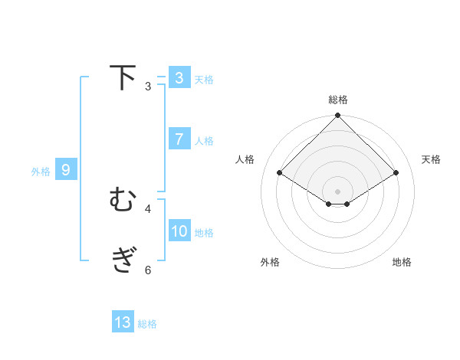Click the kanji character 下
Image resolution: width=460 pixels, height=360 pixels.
pos(123,78)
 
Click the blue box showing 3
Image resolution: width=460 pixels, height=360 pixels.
pos(179,78)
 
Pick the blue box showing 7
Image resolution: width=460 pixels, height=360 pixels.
pos(179,139)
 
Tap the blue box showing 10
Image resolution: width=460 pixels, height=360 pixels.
pos(179,231)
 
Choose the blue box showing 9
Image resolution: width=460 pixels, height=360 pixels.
pos(66,170)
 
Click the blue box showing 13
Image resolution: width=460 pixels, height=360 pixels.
pos(123,322)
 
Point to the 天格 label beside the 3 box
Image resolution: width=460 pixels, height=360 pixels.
pos(204,79)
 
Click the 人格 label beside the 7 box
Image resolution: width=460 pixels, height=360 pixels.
pos(204,140)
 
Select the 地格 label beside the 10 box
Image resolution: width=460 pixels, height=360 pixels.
pos(204,232)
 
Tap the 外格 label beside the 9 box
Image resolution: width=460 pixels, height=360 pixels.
pos(41,172)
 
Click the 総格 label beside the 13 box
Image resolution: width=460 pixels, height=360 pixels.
pos(147,323)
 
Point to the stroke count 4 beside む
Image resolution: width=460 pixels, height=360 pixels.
pos(147,208)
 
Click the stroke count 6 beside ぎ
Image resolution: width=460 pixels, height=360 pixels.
pos(147,270)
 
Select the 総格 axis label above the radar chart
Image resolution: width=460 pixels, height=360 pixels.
pos(337,100)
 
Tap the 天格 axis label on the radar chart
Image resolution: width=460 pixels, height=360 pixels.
pos(431,159)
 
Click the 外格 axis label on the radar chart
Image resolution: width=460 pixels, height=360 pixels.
pos(270,262)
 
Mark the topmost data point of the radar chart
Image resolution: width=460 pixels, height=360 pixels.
pos(337,116)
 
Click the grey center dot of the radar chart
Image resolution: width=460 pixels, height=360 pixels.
pos(337,191)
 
